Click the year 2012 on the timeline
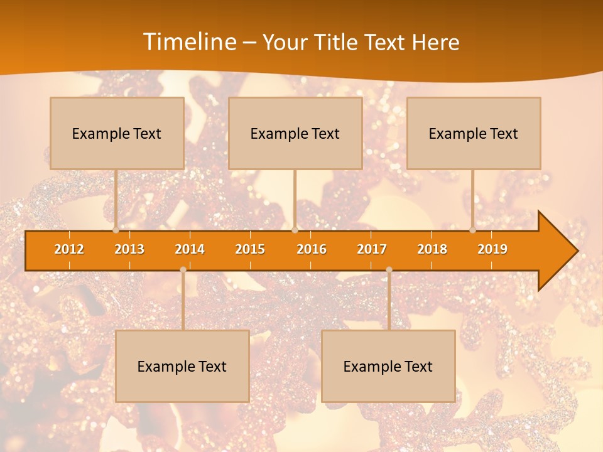pos(69,249)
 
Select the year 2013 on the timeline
pos(129,249)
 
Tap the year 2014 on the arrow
pos(190,249)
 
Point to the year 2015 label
pos(250,249)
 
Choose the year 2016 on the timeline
pos(312,249)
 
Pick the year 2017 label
pos(372,249)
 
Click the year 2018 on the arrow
pos(432,249)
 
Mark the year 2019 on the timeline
pos(492,249)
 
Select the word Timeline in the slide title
pos(188,42)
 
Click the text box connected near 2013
pos(117,133)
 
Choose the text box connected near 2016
pos(295,133)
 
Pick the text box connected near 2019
pos(474,133)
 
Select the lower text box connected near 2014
pos(182,366)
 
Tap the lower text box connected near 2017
pos(388,366)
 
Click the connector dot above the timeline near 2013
pos(116,230)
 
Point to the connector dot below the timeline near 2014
pos(183,269)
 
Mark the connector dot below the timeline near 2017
pos(389,269)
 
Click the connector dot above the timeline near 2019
pos(473,230)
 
